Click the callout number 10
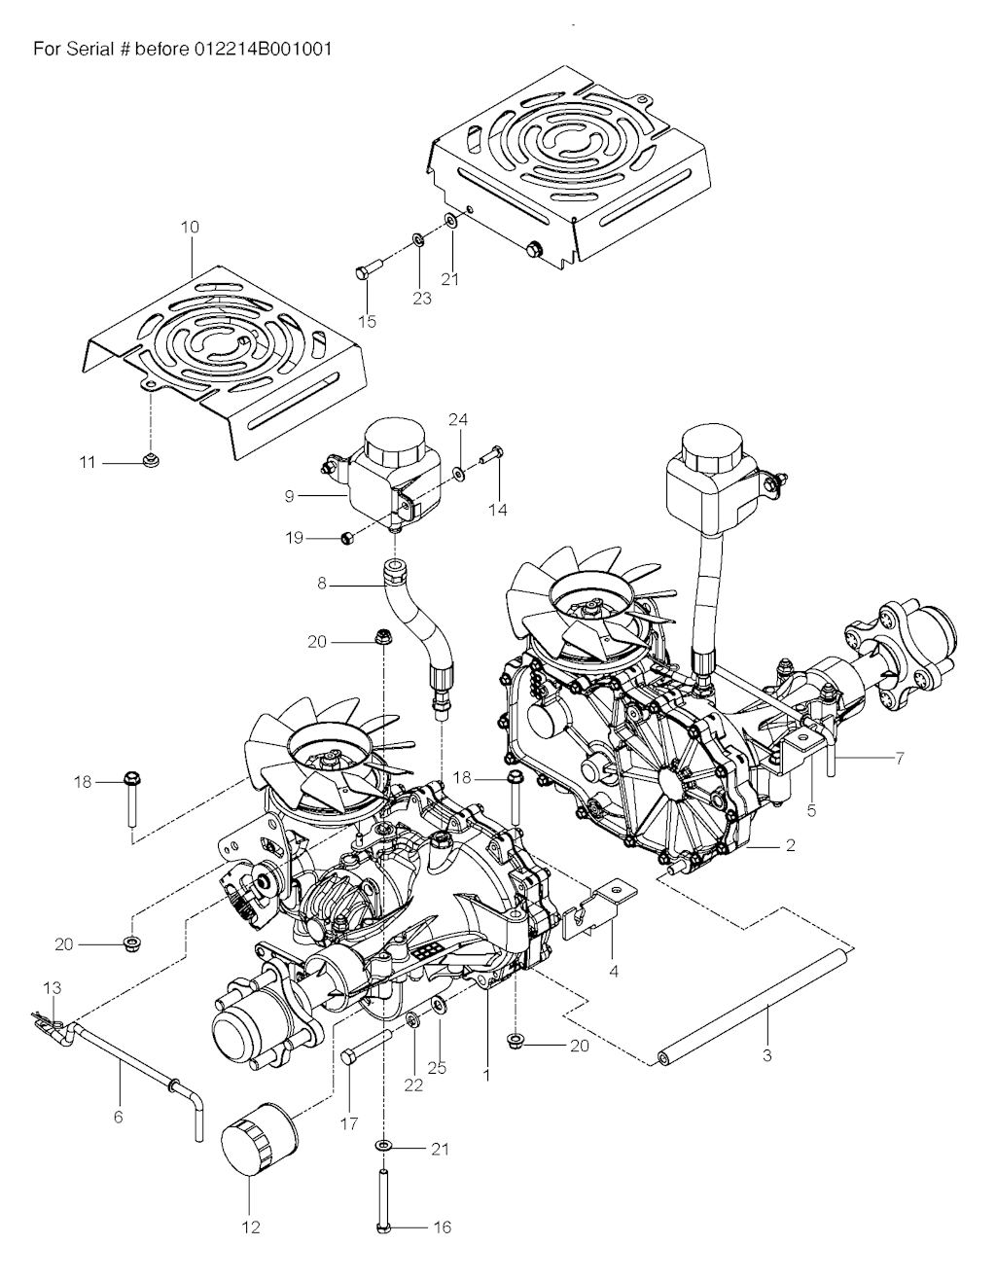[190, 227]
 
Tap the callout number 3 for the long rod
[767, 1055]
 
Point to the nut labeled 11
[150, 460]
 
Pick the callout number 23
[421, 299]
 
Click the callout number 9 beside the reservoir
[289, 496]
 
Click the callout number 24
[458, 419]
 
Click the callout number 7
[899, 758]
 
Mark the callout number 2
[790, 845]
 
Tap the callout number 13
[52, 987]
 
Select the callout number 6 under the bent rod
[119, 1117]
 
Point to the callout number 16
[442, 1227]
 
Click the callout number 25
[438, 1068]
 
